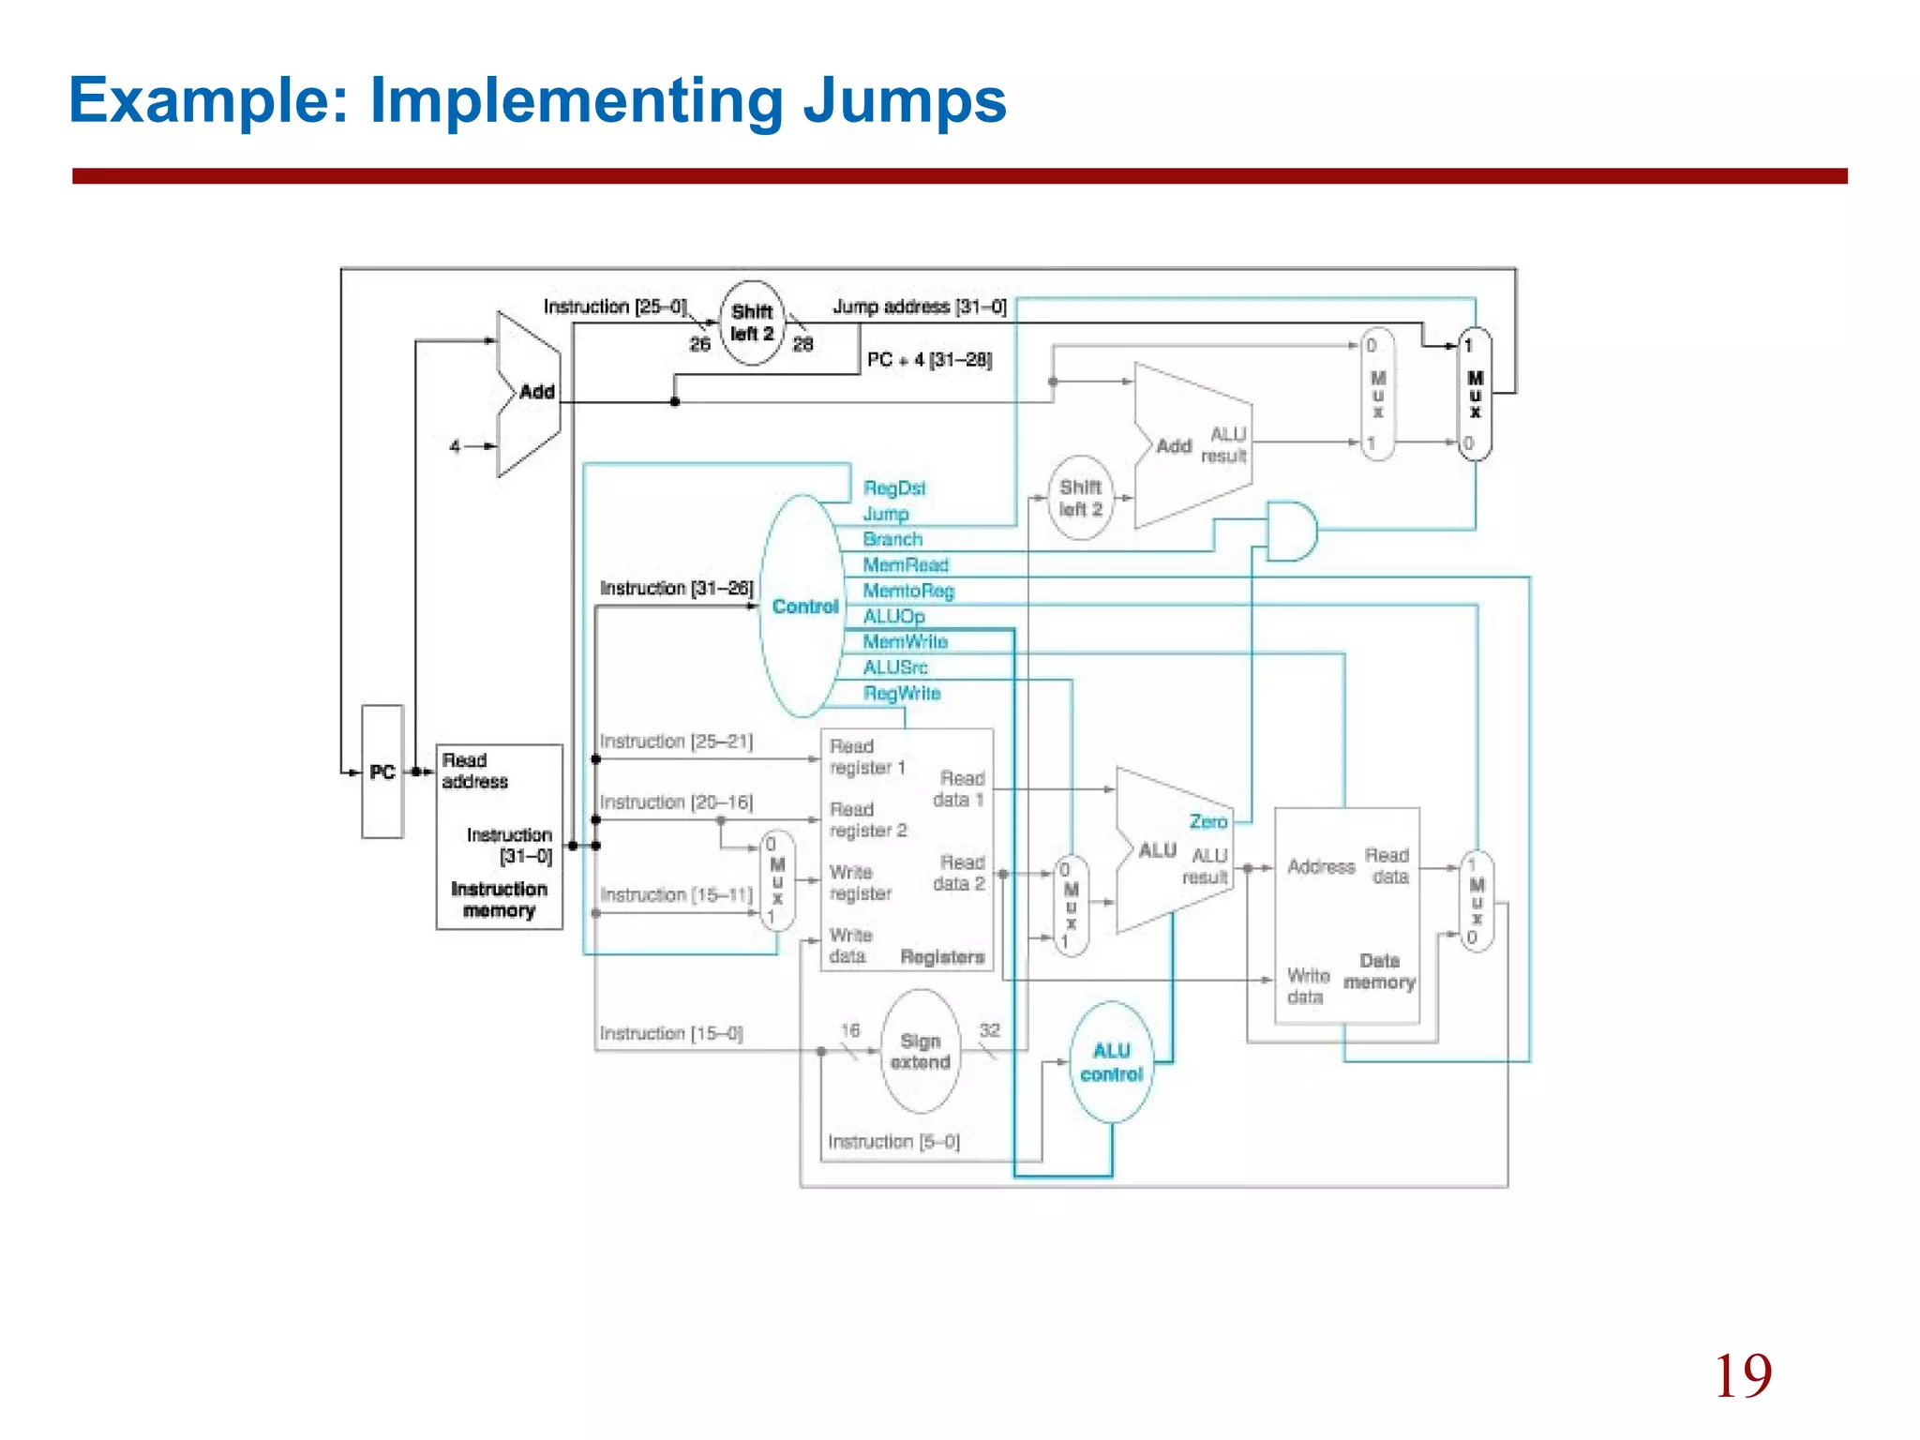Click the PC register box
point(382,772)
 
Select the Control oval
point(803,607)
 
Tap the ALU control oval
point(1112,1062)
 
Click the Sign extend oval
point(921,1051)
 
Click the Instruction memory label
point(499,899)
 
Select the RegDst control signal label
point(894,488)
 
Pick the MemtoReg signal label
point(907,591)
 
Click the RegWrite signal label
point(901,693)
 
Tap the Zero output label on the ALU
point(1207,822)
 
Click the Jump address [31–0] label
point(919,307)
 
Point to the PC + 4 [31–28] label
point(929,360)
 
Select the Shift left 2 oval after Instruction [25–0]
point(752,322)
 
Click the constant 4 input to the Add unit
point(455,447)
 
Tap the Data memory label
point(1379,971)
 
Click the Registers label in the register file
point(942,957)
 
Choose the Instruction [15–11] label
point(676,895)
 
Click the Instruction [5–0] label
point(893,1142)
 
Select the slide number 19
point(1742,1376)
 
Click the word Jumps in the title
point(904,101)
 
